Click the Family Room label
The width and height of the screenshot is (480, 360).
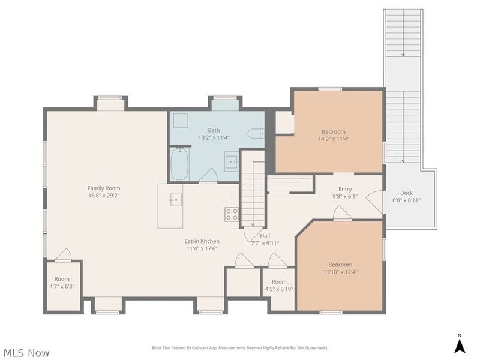[x=104, y=188]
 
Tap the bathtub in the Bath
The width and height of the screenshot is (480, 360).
[x=179, y=164]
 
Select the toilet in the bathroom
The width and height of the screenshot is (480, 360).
[x=256, y=133]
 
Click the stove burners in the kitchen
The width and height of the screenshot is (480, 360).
[x=232, y=214]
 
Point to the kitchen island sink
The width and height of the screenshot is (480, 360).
[x=176, y=200]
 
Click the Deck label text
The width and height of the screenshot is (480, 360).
[x=406, y=193]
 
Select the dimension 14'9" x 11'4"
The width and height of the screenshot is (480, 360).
[x=334, y=139]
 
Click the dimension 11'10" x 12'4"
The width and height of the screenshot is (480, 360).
[x=340, y=272]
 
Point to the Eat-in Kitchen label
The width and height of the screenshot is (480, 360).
[x=202, y=241]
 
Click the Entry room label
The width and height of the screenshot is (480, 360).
[x=345, y=189]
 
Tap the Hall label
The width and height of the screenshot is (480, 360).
[x=265, y=236]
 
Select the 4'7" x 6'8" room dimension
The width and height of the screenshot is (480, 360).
[x=62, y=286]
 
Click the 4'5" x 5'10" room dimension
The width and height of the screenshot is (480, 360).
[x=279, y=289]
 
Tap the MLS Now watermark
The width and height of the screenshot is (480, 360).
[x=25, y=353]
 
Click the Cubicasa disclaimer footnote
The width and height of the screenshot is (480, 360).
[x=240, y=348]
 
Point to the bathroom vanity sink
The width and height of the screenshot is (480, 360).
[x=231, y=161]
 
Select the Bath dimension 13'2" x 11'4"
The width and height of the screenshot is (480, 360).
[x=214, y=137]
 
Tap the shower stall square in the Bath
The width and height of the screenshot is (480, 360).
[x=181, y=121]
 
